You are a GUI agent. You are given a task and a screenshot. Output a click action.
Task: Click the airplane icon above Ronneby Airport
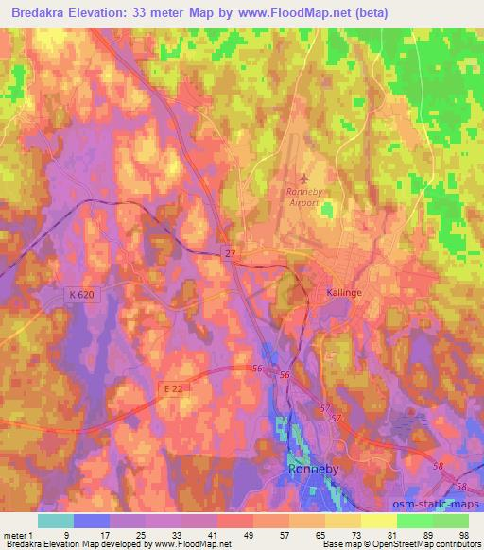(303, 179)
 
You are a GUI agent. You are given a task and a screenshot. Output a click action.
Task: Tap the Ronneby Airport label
(304, 197)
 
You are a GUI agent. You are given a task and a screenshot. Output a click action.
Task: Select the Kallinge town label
(344, 293)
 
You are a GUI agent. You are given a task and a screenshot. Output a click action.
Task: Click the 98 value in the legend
(463, 535)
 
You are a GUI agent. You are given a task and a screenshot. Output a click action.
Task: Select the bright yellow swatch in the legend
(378, 521)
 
